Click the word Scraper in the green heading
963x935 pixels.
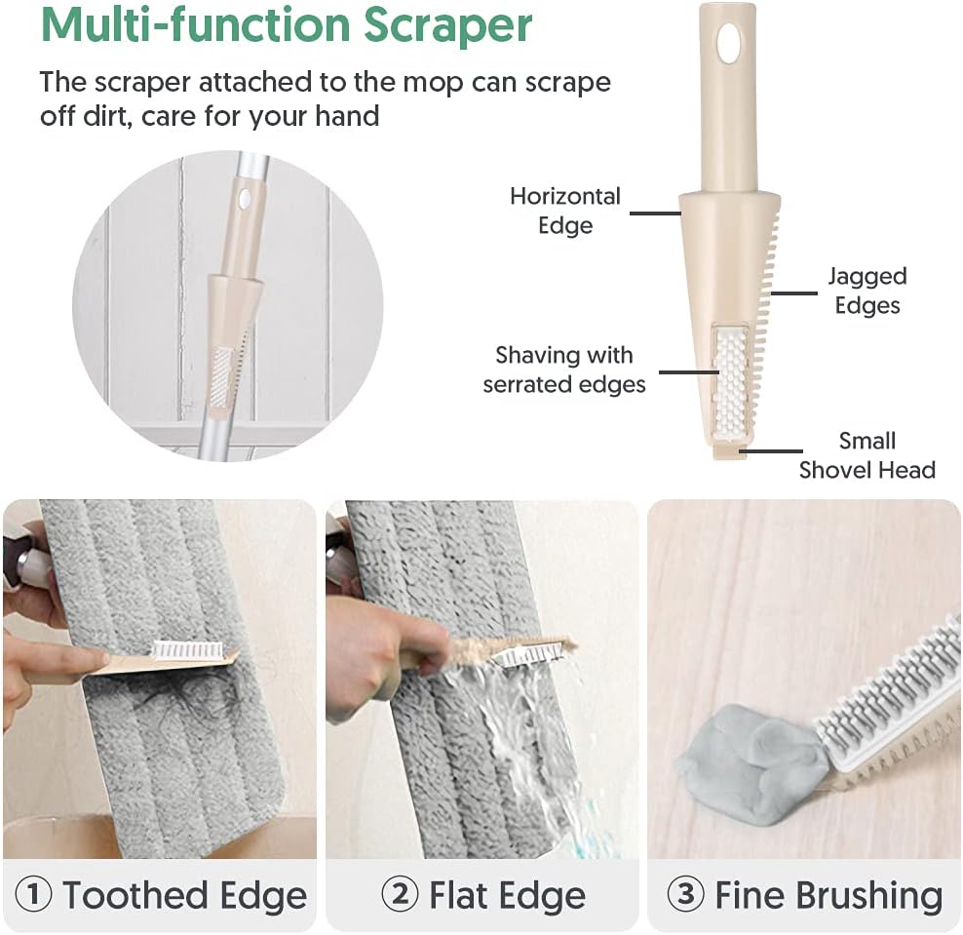click(x=447, y=25)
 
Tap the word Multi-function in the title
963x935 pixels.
click(x=196, y=24)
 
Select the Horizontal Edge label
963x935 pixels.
click(x=565, y=211)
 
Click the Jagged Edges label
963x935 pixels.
click(x=867, y=291)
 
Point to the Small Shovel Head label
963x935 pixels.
click(x=867, y=455)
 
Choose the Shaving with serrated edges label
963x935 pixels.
click(x=563, y=370)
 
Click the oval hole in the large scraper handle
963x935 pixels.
click(x=729, y=43)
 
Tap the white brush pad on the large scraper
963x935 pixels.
click(x=731, y=382)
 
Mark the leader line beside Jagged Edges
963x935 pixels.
click(x=794, y=293)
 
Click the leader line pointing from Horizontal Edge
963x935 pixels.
click(x=655, y=214)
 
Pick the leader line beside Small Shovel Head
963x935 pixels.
click(x=771, y=450)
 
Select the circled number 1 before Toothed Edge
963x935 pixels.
click(x=33, y=894)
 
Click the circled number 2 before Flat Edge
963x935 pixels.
click(x=400, y=894)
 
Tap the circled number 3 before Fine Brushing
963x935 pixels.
click(x=685, y=894)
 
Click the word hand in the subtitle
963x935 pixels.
click(x=347, y=115)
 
